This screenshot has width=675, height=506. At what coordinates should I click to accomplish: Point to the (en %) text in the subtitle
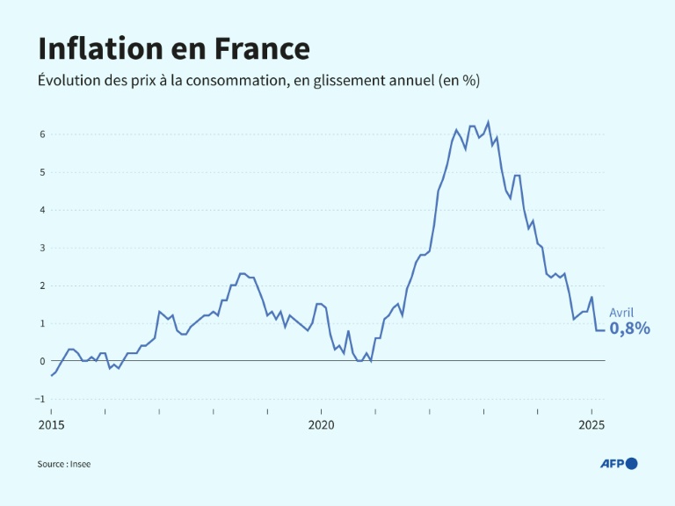click(x=458, y=80)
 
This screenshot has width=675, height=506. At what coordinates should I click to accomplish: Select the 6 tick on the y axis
click(x=40, y=134)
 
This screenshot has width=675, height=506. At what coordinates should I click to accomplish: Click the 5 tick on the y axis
click(x=40, y=172)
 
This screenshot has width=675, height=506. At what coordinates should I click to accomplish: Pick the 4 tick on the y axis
click(x=40, y=210)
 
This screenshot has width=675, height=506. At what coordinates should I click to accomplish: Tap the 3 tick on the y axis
click(x=40, y=248)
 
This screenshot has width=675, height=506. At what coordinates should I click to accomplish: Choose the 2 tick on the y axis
click(x=40, y=286)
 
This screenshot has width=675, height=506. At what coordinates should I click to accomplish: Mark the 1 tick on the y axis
click(x=40, y=323)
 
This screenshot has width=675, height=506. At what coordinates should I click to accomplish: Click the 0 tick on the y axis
click(x=40, y=361)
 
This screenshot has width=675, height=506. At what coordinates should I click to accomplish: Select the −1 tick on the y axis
click(x=39, y=399)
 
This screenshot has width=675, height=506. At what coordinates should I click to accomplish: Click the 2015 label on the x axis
click(x=51, y=424)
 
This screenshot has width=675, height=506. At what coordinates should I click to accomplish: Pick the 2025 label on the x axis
click(x=592, y=424)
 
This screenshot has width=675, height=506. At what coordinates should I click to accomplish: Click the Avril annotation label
click(x=621, y=312)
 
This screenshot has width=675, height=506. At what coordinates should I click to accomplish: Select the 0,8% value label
click(x=630, y=329)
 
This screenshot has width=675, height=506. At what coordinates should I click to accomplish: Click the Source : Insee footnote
click(x=63, y=464)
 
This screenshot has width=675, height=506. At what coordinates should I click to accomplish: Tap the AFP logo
click(x=618, y=464)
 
